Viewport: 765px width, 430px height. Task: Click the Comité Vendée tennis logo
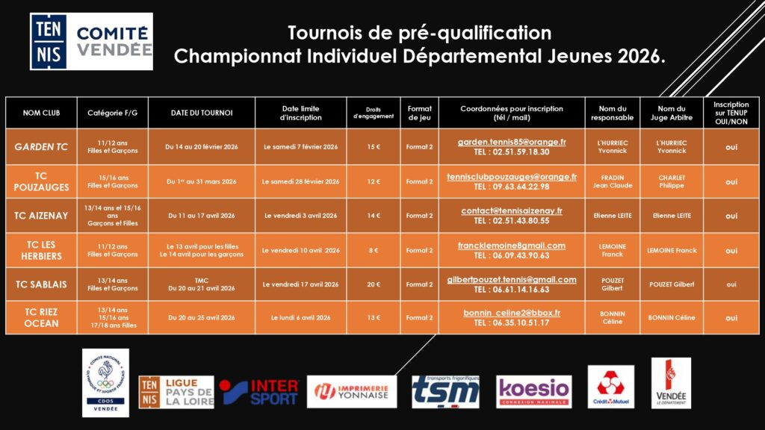tap(91, 42)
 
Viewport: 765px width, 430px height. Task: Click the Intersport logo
tap(260, 391)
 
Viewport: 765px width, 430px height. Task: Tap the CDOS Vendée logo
tap(105, 382)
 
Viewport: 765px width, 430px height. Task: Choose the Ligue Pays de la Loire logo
tap(176, 391)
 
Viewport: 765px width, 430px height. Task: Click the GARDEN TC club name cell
tap(42, 147)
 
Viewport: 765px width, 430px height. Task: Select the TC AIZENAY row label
tap(42, 216)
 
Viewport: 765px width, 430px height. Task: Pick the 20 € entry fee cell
tap(373, 284)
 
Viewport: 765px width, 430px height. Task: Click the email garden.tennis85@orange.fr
tap(512, 142)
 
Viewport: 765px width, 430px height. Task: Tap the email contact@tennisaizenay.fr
tap(512, 211)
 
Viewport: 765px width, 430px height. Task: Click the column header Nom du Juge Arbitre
tap(671, 113)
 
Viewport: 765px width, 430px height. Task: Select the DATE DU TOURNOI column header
tap(202, 113)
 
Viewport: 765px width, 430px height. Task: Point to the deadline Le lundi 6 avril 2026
tap(301, 318)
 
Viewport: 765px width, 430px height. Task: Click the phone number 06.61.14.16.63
tap(512, 289)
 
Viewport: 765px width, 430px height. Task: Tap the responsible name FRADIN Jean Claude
tap(612, 181)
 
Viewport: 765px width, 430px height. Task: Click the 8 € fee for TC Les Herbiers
tap(373, 250)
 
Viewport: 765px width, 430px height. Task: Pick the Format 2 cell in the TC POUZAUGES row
tap(419, 181)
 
